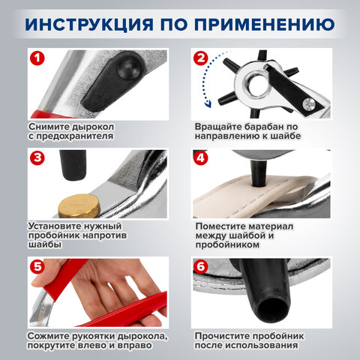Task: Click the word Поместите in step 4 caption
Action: click(x=222, y=225)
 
